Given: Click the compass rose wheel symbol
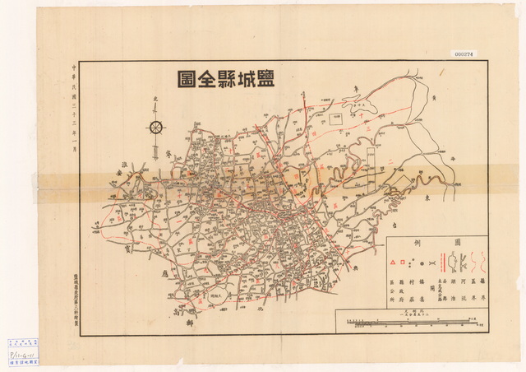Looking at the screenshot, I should point(156,126).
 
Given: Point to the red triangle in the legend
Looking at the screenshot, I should point(393,263).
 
